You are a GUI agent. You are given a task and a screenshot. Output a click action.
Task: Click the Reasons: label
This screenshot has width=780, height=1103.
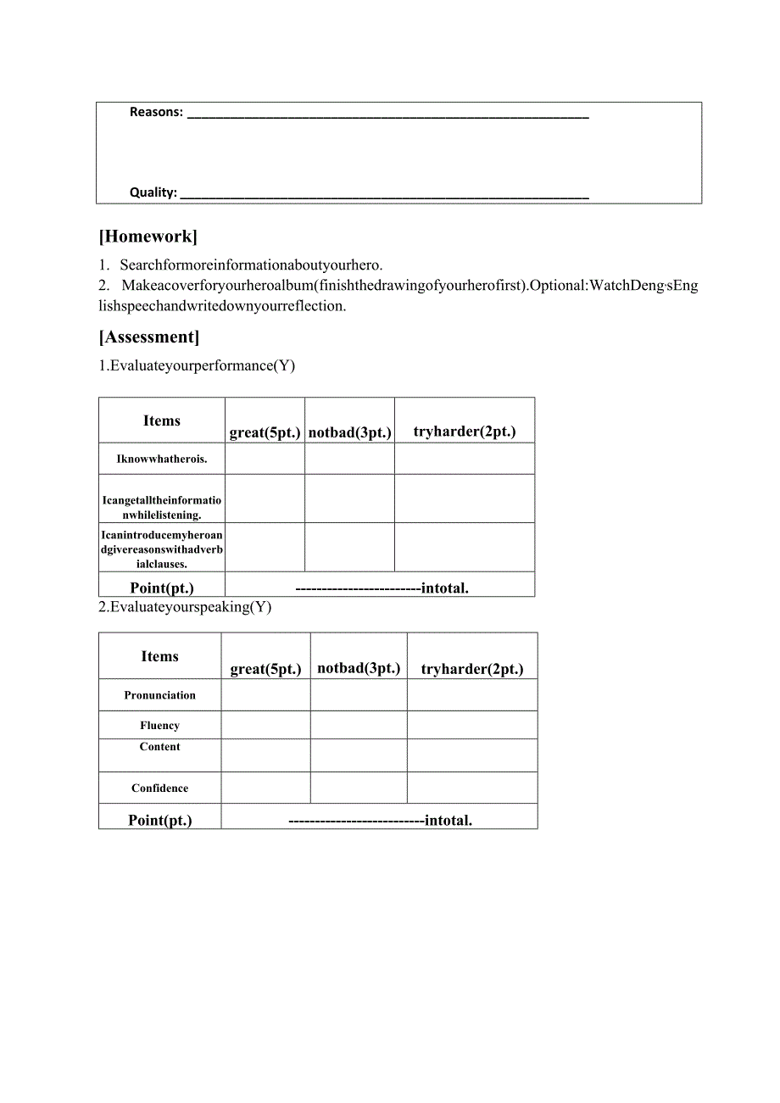click(156, 112)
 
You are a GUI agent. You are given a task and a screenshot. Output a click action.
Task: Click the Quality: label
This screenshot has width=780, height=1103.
click(153, 192)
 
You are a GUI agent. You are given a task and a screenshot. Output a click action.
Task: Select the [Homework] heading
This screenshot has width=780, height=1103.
click(148, 237)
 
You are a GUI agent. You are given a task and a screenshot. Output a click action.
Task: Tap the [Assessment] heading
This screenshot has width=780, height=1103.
click(149, 337)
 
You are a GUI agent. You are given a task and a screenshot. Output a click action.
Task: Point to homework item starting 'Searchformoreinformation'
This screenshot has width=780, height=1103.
click(251, 265)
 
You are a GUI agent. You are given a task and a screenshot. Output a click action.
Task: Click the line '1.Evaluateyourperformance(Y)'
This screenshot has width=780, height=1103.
click(197, 365)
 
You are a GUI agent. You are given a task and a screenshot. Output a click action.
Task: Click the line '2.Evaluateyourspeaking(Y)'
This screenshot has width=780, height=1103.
click(185, 607)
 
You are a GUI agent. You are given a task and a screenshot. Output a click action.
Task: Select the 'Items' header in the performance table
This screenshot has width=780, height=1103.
click(161, 421)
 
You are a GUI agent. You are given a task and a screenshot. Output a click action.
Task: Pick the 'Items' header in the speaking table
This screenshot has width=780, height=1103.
click(159, 656)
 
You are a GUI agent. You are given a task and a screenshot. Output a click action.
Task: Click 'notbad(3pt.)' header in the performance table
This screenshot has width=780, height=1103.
click(349, 432)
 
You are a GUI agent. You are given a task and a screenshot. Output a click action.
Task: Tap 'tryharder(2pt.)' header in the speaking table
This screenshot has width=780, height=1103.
click(472, 669)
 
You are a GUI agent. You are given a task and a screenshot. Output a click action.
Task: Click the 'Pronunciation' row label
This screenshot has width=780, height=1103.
click(159, 695)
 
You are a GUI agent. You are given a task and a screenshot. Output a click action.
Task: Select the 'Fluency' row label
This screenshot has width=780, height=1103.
click(159, 726)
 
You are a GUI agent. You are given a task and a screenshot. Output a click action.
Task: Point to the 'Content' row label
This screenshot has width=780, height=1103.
click(159, 747)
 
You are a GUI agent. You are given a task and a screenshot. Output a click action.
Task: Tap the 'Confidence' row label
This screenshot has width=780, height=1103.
click(159, 788)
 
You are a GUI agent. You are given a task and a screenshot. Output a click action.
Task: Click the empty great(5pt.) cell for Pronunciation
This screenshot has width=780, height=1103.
click(265, 695)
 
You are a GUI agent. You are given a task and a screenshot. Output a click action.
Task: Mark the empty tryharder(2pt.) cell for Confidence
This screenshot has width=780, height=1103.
click(472, 788)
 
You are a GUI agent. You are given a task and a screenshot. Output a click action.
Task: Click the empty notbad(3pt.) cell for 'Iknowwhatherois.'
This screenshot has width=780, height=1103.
click(349, 459)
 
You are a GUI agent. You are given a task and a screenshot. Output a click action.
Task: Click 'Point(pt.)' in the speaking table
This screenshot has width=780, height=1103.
click(159, 820)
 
